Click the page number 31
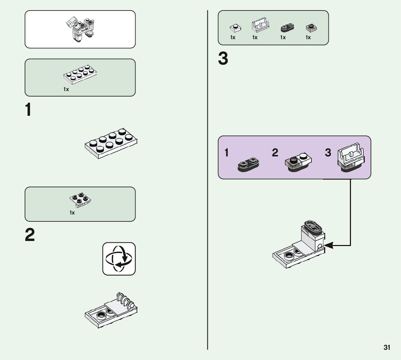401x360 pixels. coord(387,347)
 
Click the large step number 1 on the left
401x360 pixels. coord(28,110)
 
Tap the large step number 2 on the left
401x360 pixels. coord(30,235)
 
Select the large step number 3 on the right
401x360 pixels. coord(223,59)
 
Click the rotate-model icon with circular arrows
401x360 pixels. coord(119,259)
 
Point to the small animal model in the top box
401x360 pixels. coord(80,29)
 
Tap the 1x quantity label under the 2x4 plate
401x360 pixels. coord(66,89)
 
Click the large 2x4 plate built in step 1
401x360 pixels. coord(111,143)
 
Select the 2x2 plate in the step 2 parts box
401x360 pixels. coord(80,199)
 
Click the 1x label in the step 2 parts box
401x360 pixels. coord(72,213)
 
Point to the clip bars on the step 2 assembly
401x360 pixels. coord(124,300)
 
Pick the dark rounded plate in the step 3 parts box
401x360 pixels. coord(287,27)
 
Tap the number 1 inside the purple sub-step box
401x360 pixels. coord(227,153)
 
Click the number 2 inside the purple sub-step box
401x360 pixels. coord(275,153)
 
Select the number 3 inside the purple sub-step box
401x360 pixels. coord(328,153)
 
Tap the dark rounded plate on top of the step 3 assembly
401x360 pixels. coord(312,228)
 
